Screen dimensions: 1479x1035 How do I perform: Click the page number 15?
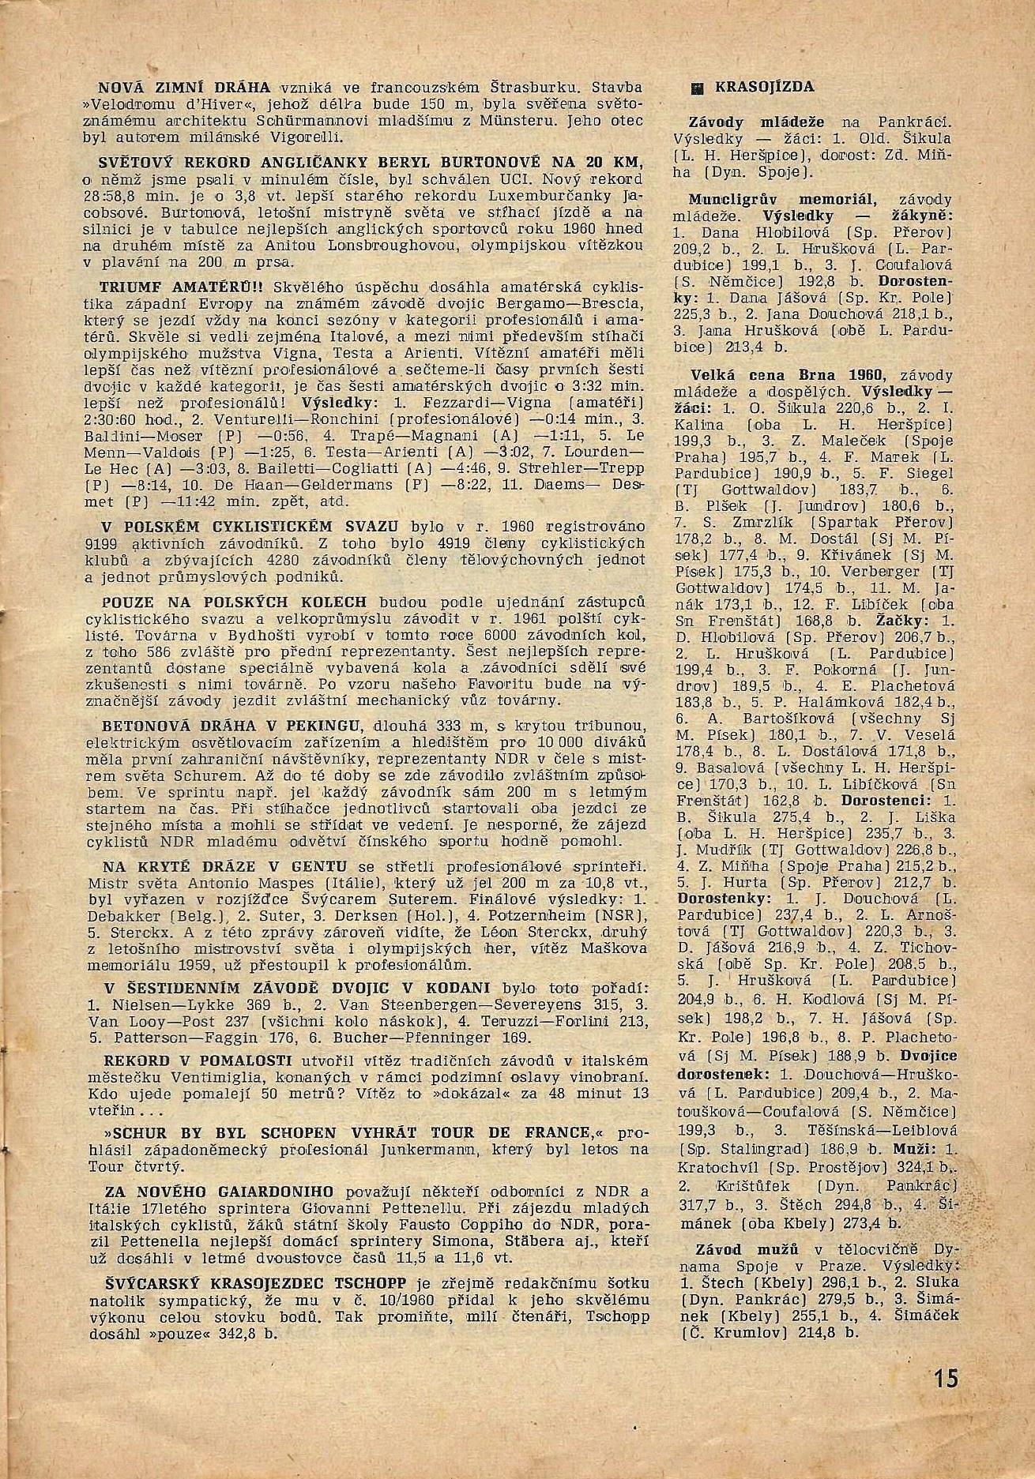945,1379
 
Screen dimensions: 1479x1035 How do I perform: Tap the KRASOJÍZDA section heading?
765,88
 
